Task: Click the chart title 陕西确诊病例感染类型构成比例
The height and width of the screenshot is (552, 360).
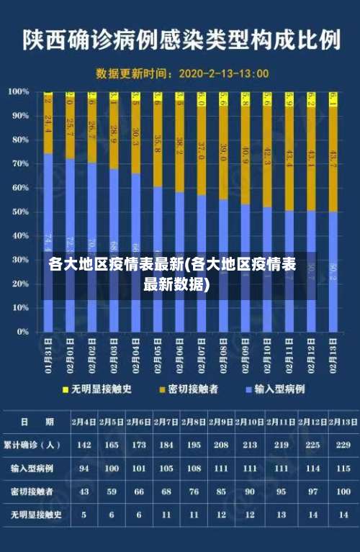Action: click(181, 40)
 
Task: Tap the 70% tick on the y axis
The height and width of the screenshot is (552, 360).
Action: click(19, 163)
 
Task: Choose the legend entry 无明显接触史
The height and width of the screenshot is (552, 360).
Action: click(101, 389)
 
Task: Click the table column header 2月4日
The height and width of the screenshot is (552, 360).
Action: click(84, 421)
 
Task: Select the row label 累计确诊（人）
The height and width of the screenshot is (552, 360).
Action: click(32, 445)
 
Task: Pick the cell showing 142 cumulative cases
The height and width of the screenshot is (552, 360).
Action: click(84, 445)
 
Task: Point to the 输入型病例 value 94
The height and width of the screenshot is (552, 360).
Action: click(84, 468)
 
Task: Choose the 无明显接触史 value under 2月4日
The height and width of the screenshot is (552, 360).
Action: click(84, 515)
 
